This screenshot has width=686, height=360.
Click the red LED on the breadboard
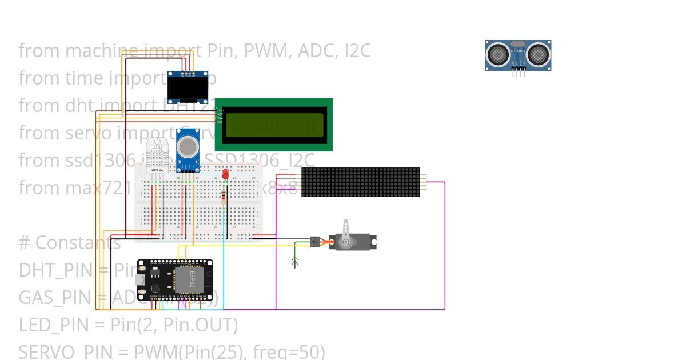click(225, 174)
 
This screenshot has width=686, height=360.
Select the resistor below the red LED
click(223, 197)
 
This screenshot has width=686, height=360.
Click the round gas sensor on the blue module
click(188, 147)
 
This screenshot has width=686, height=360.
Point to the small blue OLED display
click(187, 89)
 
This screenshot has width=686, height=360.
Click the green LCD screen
click(274, 125)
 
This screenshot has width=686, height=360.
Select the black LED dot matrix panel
click(360, 182)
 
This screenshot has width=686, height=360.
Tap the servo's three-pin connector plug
click(315, 242)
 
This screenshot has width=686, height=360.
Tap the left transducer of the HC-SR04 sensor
click(498, 55)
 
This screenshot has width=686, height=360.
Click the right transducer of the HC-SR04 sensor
click(539, 55)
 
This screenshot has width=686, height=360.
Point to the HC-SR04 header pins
click(518, 73)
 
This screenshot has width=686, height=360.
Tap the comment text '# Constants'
click(70, 243)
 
